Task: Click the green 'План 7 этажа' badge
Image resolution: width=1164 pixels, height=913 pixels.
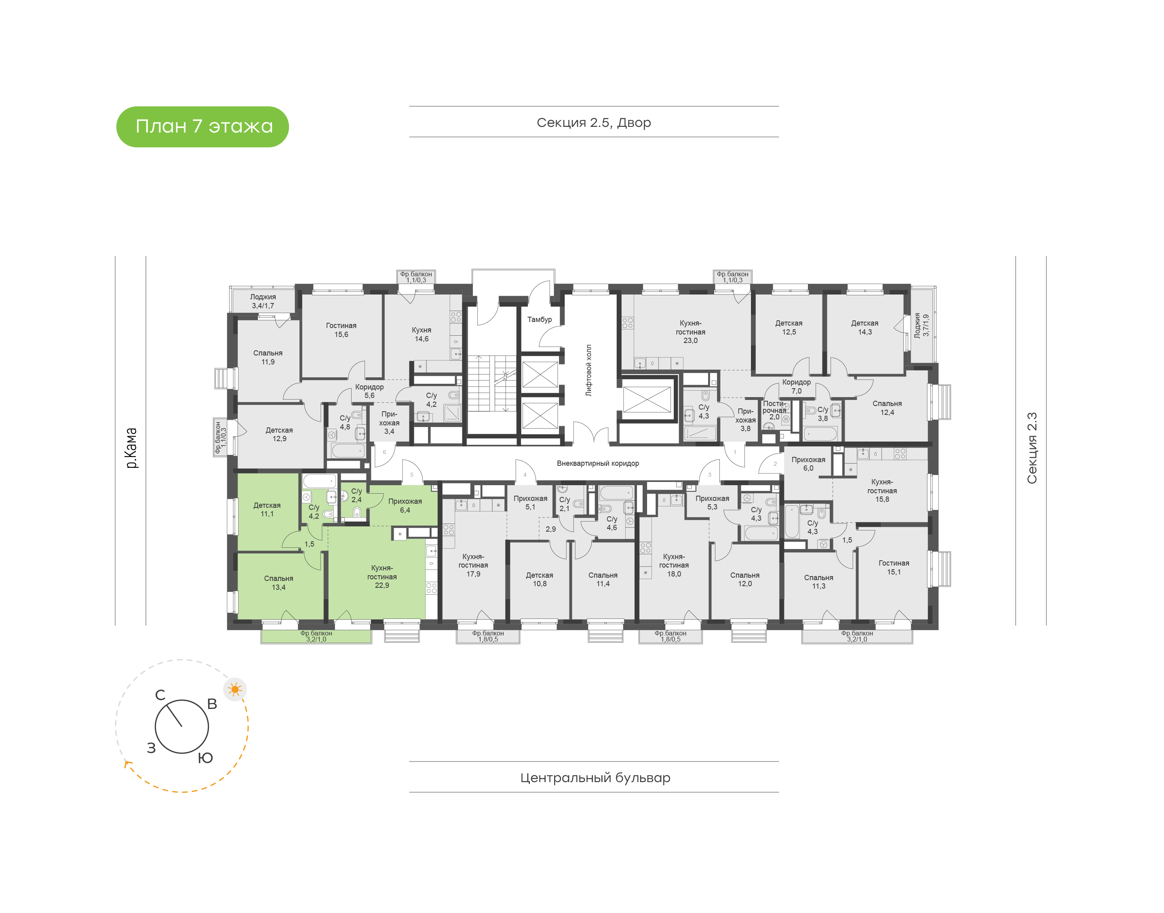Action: tap(202, 127)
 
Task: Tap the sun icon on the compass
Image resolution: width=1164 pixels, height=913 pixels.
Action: tap(235, 690)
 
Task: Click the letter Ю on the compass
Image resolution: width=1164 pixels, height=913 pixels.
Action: tap(205, 758)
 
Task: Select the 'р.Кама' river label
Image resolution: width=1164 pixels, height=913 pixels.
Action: tap(131, 448)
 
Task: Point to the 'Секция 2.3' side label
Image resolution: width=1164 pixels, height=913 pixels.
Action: tap(1031, 448)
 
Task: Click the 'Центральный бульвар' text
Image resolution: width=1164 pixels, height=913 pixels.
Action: tap(595, 778)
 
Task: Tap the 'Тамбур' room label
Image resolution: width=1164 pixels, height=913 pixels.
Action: tap(540, 320)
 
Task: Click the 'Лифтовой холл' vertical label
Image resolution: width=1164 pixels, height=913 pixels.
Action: tap(589, 370)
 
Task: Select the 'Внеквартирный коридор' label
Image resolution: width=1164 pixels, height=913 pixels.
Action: tap(598, 463)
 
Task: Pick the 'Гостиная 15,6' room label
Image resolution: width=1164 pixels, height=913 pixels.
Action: tap(341, 330)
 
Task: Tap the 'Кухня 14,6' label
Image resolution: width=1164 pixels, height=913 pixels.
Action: tap(421, 334)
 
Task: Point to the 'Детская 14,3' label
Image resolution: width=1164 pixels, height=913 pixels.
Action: tap(865, 328)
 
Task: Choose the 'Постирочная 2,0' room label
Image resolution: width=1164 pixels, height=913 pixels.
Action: tap(774, 410)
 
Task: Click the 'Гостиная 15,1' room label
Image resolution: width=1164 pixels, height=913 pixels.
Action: tap(894, 568)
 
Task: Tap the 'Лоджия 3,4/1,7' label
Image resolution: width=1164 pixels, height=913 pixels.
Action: tap(263, 301)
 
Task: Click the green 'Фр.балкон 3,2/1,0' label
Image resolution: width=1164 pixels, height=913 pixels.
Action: tap(316, 637)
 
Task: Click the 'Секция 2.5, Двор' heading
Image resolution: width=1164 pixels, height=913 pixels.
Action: tap(593, 123)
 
